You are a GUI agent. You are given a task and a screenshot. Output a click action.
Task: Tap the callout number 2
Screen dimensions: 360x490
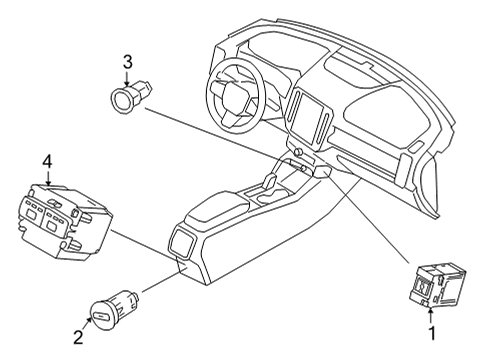click(x=78, y=338)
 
